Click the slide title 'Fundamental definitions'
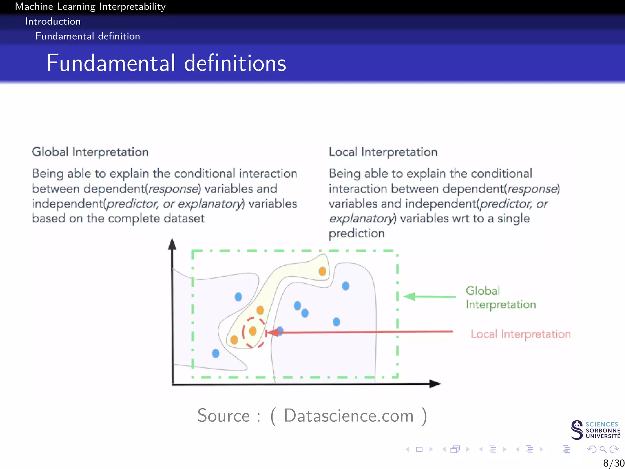166,63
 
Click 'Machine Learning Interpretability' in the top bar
90,6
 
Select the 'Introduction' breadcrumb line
53,21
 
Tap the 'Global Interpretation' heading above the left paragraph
90,152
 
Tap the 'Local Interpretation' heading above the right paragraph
383,152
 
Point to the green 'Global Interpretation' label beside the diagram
500,297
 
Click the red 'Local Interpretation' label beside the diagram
520,334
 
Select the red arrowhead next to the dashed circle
273,333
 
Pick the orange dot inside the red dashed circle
253,331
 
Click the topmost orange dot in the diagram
322,271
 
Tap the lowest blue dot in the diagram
215,354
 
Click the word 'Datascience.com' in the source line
349,416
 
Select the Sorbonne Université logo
595,430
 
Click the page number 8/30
613,463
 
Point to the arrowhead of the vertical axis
172,244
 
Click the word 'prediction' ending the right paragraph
356,234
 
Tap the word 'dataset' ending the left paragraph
184,218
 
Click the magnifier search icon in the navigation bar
602,449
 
